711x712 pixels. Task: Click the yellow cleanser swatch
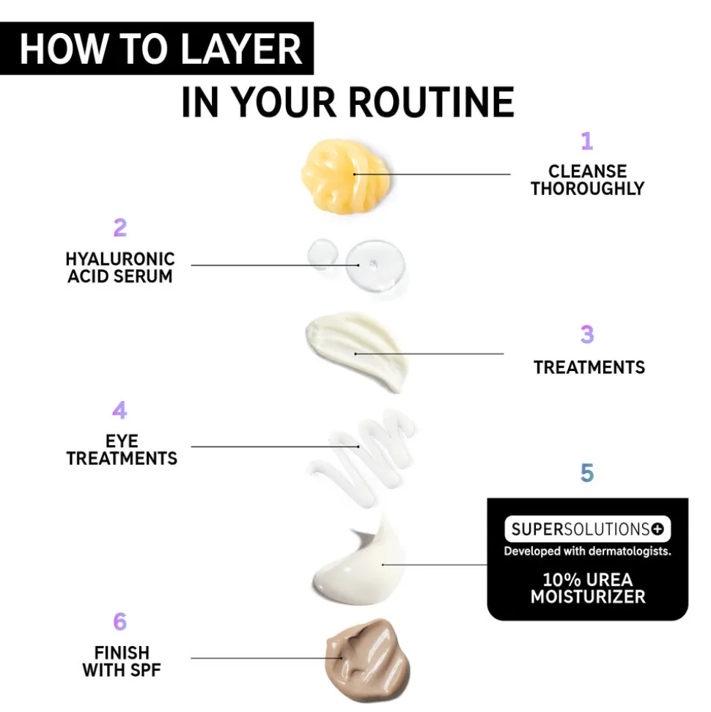tap(345, 175)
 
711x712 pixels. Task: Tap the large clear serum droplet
tap(375, 265)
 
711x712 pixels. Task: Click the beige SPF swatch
tap(367, 658)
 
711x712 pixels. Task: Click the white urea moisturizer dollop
tap(358, 563)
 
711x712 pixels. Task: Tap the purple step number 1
tap(587, 141)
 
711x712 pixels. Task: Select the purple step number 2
tap(120, 227)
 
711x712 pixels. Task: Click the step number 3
tap(587, 334)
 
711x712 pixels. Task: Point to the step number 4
tap(119, 410)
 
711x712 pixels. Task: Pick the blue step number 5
tap(587, 473)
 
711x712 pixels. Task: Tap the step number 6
tap(120, 621)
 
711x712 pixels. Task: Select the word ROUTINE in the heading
tap(431, 102)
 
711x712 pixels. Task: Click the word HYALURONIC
tap(120, 260)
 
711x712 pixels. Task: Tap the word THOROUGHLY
tap(588, 188)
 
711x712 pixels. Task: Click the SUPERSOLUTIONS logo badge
tap(588, 529)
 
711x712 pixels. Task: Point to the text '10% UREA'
tap(588, 580)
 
